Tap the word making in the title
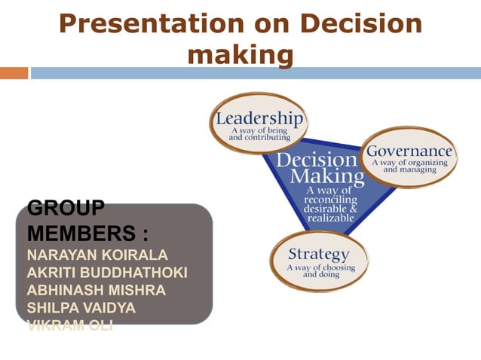[x=240, y=54]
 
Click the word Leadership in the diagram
[x=259, y=119]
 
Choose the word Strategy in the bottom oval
[x=319, y=254]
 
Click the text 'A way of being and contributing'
[x=259, y=135]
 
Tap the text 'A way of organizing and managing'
[x=409, y=166]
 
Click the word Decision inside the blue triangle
[x=317, y=160]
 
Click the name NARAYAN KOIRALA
[x=97, y=254]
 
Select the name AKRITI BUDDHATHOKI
[x=106, y=272]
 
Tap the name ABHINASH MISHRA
[x=96, y=290]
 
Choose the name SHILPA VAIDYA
[x=81, y=308]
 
